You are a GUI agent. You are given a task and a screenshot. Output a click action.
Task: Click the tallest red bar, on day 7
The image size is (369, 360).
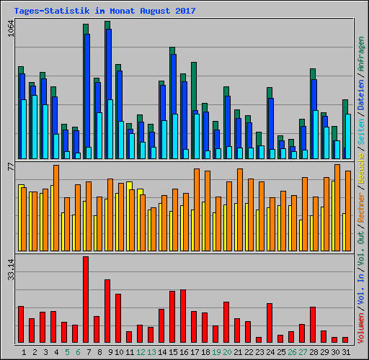point(86,299)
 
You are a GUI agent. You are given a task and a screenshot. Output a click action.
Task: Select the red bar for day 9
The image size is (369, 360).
point(107,310)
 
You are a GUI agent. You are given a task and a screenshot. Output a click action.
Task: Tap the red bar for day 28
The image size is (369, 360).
point(313,324)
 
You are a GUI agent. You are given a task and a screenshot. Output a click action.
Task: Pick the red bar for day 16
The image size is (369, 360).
point(183,315)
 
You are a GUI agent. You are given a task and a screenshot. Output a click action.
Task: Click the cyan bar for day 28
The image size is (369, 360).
point(315,135)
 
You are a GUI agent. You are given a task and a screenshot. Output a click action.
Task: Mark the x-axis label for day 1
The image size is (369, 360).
point(24,352)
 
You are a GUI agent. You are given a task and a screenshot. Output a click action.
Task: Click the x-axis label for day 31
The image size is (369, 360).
point(347,352)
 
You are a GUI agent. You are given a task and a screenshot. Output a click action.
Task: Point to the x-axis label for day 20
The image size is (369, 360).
point(228,352)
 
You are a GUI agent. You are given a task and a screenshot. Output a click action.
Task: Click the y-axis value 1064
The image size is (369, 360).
point(11,30)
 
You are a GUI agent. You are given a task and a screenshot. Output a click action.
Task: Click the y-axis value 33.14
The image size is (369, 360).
point(11,269)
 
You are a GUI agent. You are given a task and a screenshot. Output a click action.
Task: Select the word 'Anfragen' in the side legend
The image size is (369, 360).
point(360,55)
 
